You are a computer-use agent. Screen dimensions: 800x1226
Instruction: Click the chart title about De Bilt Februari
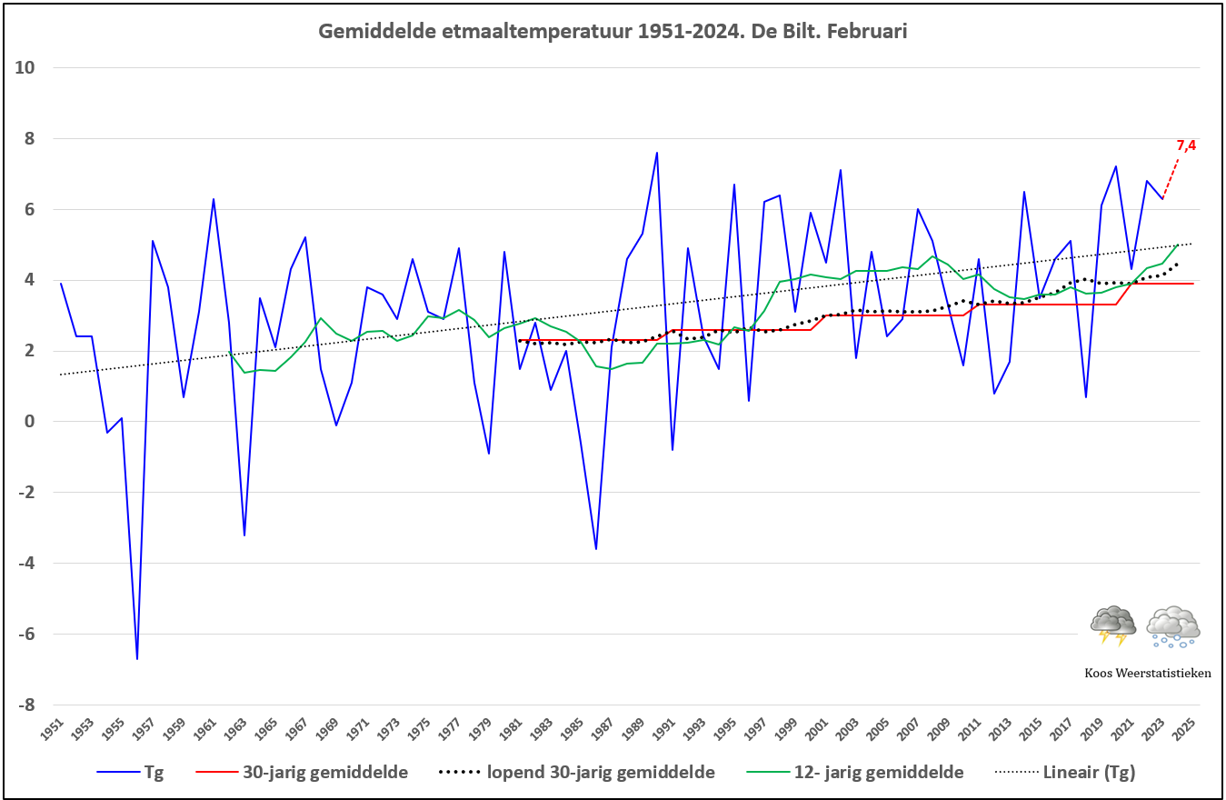[613, 31]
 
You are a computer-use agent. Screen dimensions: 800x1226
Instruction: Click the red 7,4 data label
[1185, 145]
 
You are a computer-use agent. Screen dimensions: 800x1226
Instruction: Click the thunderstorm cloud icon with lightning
[1113, 625]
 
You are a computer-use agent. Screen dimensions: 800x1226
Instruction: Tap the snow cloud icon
[1172, 625]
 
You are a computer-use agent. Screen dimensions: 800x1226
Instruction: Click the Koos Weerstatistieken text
[1148, 673]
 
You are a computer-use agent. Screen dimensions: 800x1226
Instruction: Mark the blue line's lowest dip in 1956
[137, 658]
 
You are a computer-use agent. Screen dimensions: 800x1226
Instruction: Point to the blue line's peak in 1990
[657, 153]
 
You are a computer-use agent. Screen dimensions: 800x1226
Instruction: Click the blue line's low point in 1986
[596, 548]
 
